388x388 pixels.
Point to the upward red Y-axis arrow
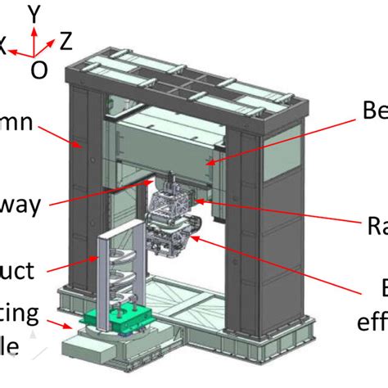pyautogui.click(x=33, y=37)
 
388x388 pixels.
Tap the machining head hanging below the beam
pyautogui.click(x=176, y=217)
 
